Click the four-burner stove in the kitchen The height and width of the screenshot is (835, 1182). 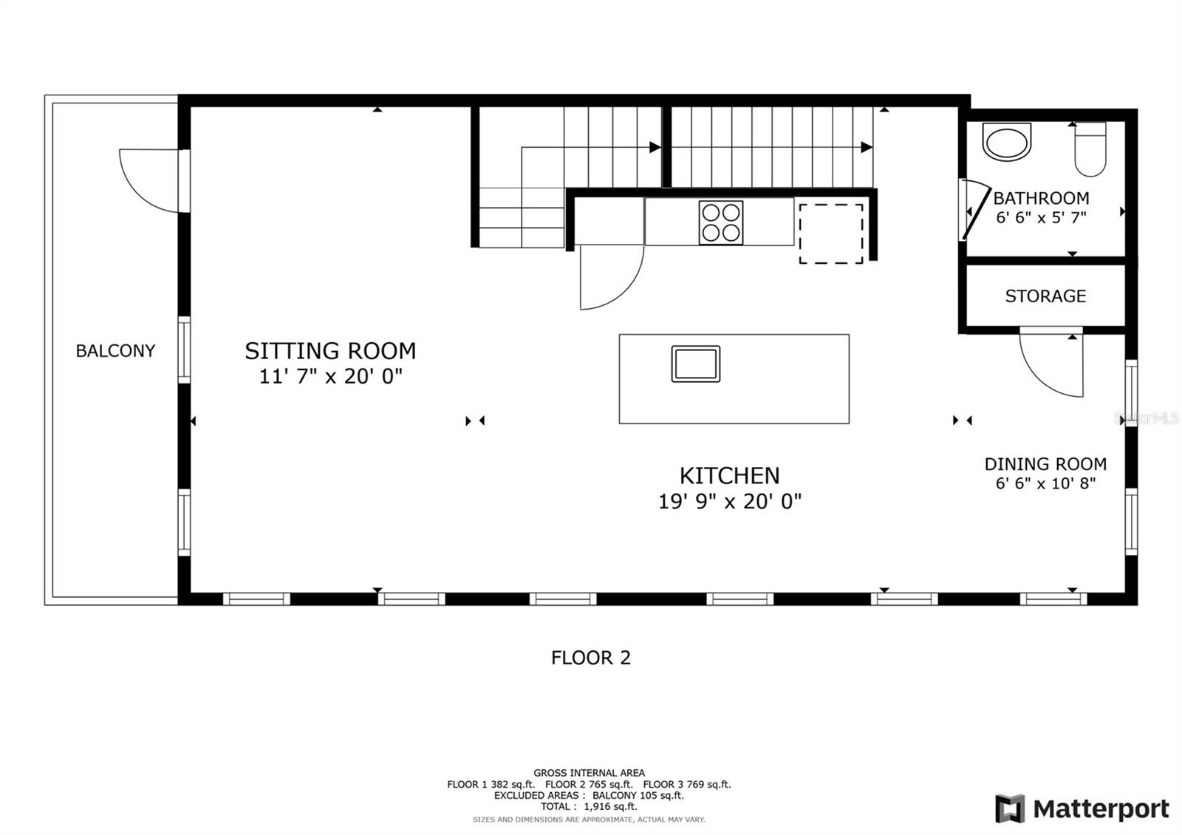coord(721,222)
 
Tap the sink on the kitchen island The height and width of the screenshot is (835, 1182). coord(695,364)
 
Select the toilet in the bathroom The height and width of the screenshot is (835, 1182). coord(1090,149)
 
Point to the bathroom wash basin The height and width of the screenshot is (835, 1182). coord(1007,142)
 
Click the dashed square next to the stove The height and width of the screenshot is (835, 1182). coord(831,234)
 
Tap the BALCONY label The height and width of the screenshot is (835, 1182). coord(115,351)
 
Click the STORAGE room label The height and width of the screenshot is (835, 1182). coord(1045,296)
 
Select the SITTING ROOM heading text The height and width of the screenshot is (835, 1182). coord(330,351)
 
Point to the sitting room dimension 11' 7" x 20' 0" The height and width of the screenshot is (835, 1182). coord(331,376)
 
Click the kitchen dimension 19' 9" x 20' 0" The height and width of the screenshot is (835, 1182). coord(730,501)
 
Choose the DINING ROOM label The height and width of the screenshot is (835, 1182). coord(1045,464)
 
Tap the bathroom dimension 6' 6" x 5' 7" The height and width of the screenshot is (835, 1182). coord(1041,217)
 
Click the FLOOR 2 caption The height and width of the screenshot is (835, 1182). coord(591,658)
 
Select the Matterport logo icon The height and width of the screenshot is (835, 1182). coord(1010,808)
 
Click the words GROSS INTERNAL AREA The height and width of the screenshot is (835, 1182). coord(589,773)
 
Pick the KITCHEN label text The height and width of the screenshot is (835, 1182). coord(730,476)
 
